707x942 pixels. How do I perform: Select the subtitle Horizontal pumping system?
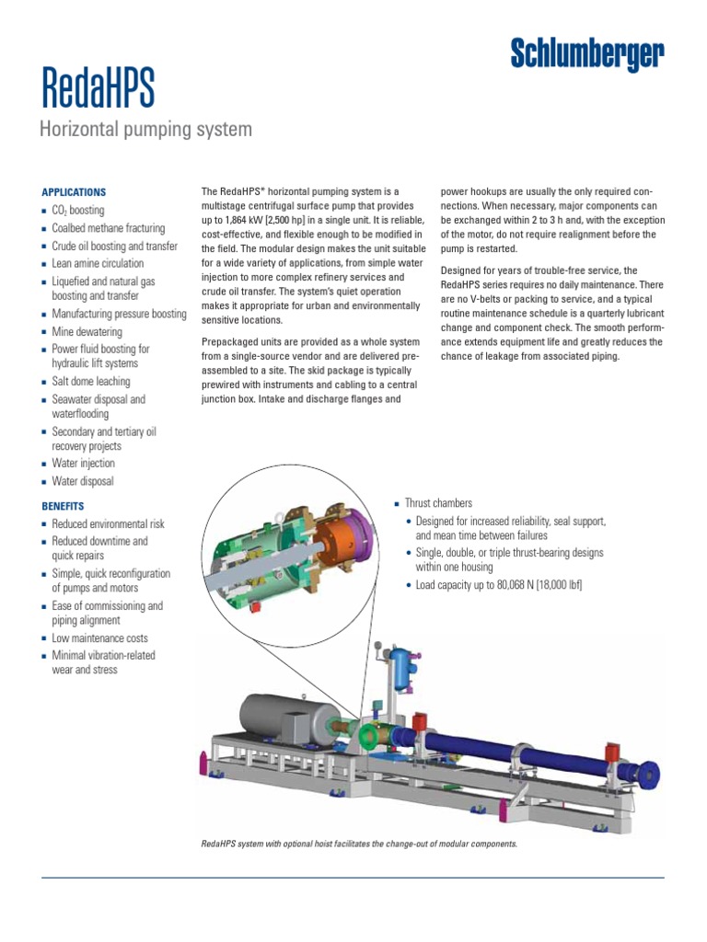coord(145,130)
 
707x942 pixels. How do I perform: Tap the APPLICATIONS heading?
coord(74,192)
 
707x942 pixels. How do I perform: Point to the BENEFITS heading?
coord(63,506)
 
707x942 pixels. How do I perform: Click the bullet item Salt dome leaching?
coord(90,382)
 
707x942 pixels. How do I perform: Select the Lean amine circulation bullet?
coord(98,264)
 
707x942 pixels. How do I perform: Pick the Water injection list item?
coord(83,464)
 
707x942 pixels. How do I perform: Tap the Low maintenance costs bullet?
coord(99,638)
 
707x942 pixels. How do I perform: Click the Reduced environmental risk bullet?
coord(108,523)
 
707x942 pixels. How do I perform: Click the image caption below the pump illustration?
coord(359,844)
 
